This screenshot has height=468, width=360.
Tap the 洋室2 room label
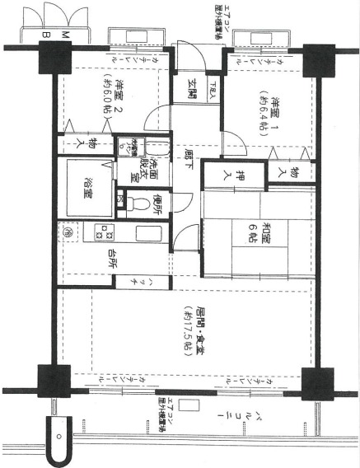(x=119, y=91)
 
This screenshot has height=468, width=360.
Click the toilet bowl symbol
(x=138, y=202)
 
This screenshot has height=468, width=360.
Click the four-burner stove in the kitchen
(x=103, y=233)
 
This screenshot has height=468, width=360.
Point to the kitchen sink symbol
(x=150, y=233)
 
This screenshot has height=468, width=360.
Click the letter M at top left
(x=64, y=34)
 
